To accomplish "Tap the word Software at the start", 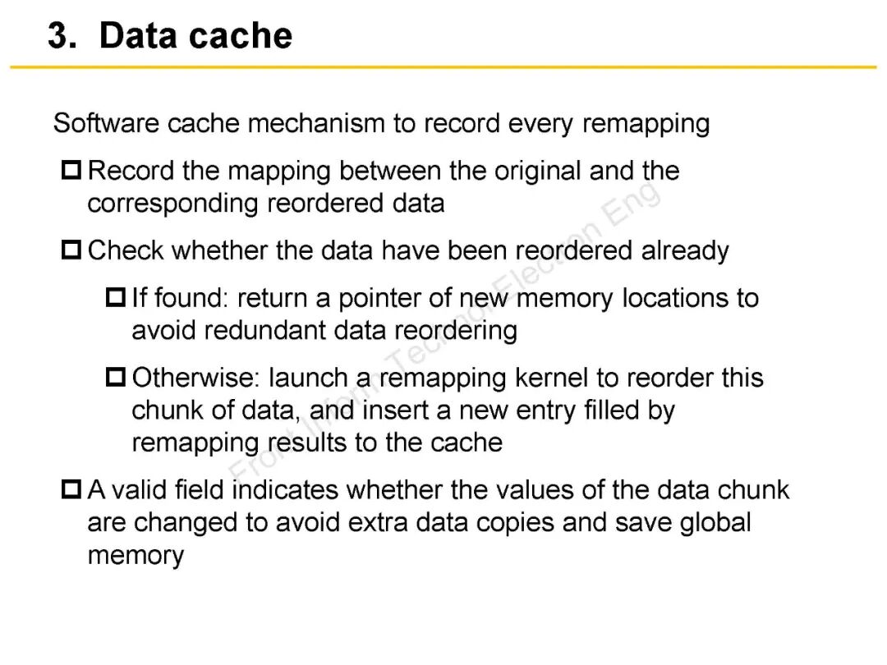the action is pos(106,124).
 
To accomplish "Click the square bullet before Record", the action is pos(72,172).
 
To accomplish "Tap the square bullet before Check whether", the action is pos(72,250).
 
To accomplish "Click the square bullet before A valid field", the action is pos(72,491).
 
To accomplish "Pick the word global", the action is pos(715,523).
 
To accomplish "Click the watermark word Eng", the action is pos(633,205).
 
